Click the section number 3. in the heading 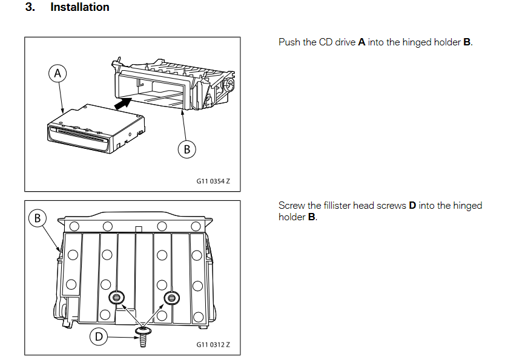(x=30, y=8)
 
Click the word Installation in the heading (x=80, y=8)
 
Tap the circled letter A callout (x=58, y=74)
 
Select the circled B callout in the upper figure (x=186, y=149)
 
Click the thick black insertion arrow (x=122, y=105)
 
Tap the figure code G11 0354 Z (x=213, y=181)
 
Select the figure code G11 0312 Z (x=213, y=345)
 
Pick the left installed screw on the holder (x=116, y=297)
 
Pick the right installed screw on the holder (x=172, y=297)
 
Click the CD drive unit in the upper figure (x=97, y=126)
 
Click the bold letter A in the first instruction (x=361, y=42)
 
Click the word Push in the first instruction (x=289, y=42)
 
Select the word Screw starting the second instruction (x=291, y=206)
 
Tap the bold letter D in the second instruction (x=412, y=206)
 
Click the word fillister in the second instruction (x=342, y=206)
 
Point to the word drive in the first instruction (x=345, y=42)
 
